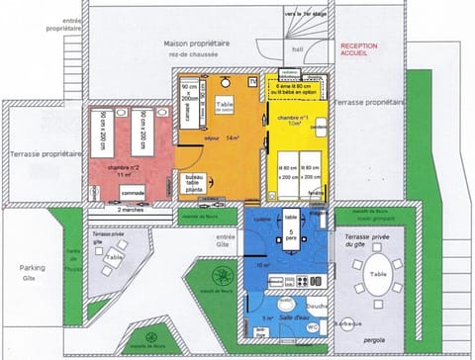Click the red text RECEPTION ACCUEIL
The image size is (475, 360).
click(358, 50)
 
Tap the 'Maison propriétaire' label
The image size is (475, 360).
click(196, 48)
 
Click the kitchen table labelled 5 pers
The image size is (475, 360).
click(290, 237)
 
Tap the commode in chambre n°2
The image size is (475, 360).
click(133, 192)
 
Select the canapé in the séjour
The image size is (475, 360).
click(187, 110)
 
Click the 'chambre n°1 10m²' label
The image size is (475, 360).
click(296, 122)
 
